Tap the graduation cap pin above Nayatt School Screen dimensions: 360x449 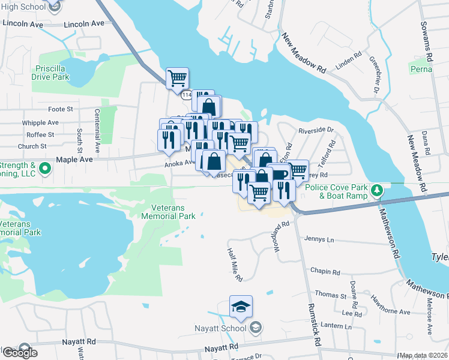coord(241,308)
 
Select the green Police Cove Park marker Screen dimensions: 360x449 coord(377,191)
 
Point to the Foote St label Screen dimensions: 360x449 coord(60,109)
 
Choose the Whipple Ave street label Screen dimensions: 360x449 coord(40,122)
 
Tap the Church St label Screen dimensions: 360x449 coord(32,146)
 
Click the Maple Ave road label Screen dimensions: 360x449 coord(74,160)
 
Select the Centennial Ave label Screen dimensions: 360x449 coord(97,130)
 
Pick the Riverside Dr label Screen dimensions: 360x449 coord(316,130)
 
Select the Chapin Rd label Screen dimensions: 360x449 coord(325,272)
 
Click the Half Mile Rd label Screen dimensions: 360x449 coord(234,265)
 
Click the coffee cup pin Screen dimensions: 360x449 coord(278,174)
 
